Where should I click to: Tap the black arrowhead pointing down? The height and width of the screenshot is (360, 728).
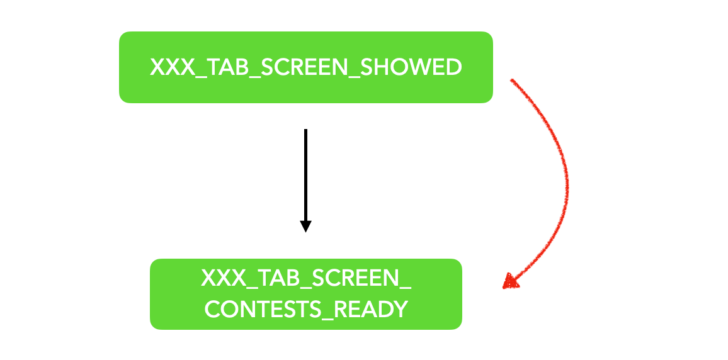(x=305, y=226)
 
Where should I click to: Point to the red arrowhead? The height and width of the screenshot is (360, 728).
(x=511, y=281)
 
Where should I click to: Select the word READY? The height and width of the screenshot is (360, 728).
(x=372, y=310)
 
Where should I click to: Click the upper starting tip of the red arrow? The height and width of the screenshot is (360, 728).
(x=512, y=80)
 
